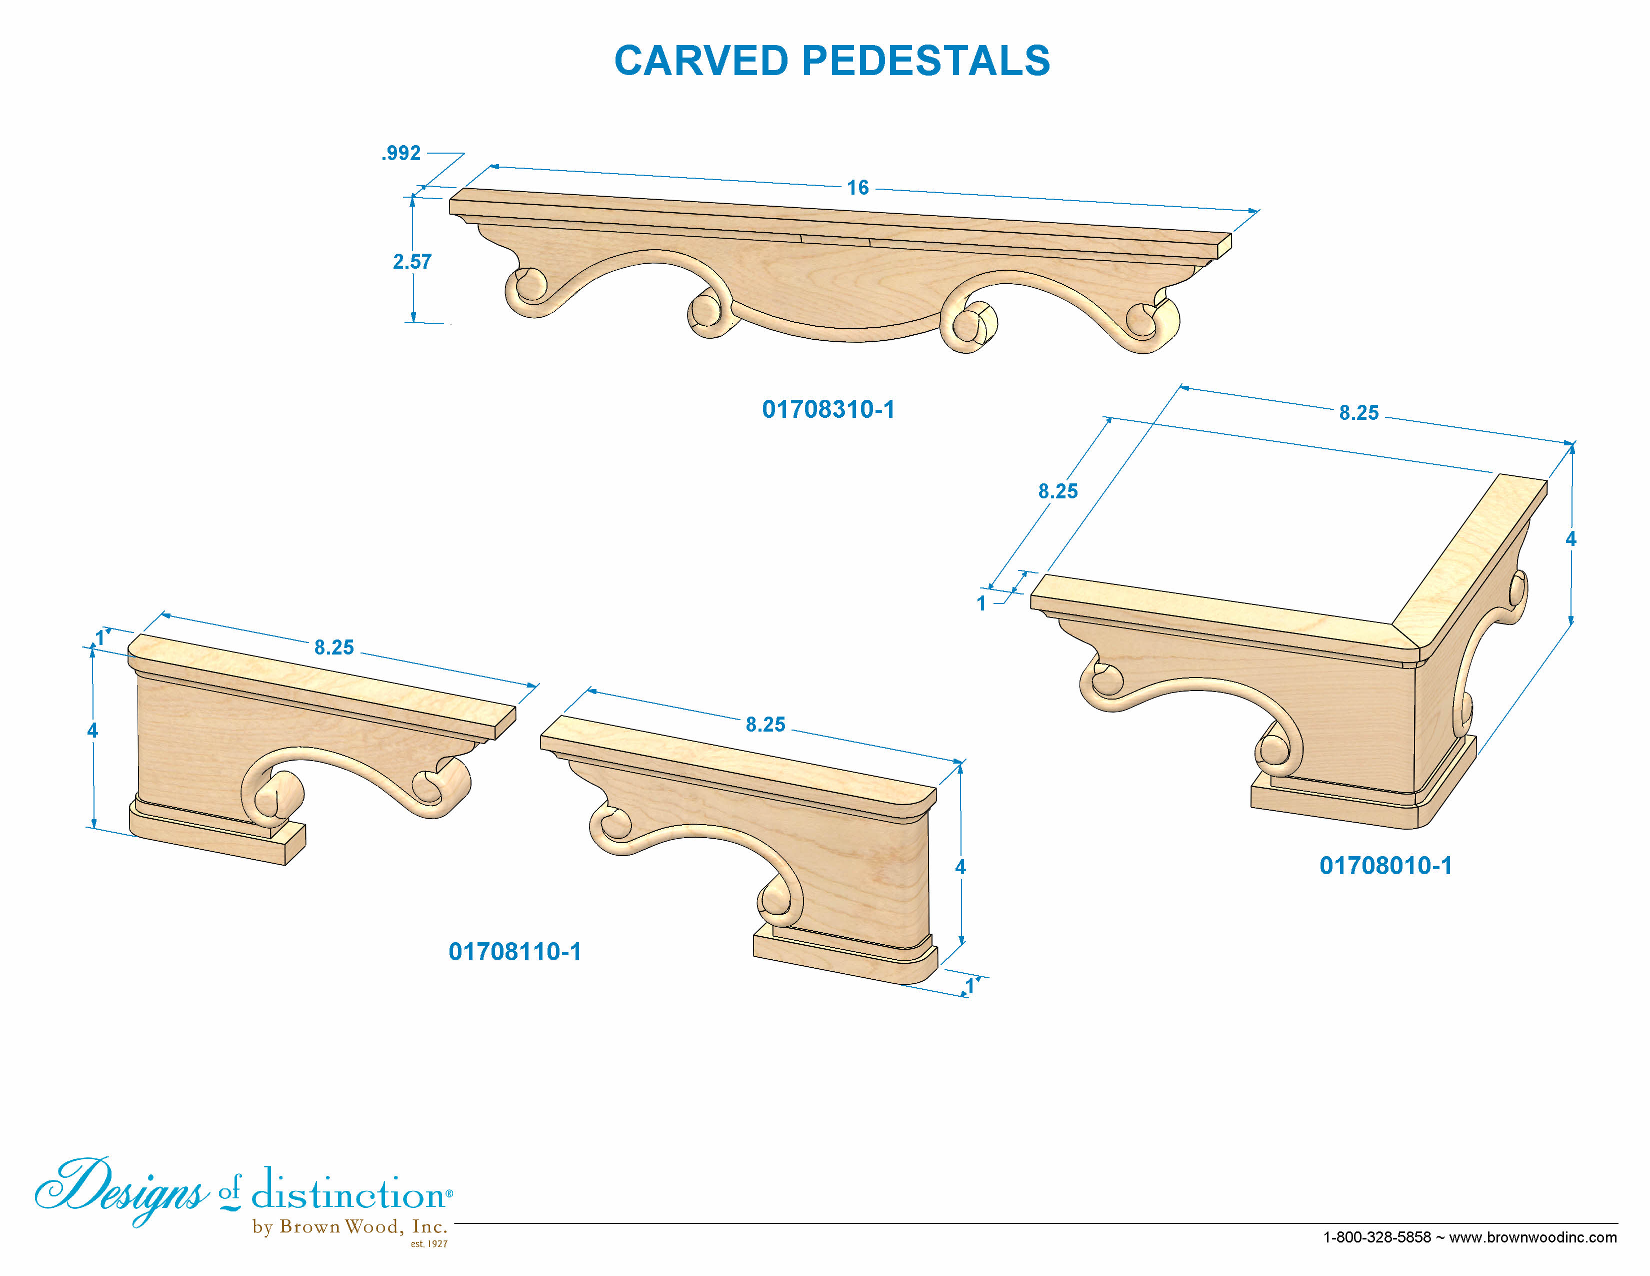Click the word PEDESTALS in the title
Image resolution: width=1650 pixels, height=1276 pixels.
coord(925,61)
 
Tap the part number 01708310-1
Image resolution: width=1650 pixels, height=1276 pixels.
coord(828,409)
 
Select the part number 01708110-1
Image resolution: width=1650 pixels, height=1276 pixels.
coord(514,951)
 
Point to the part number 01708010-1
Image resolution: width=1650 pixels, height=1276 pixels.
coord(1385,866)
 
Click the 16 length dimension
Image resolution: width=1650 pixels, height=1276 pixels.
coord(857,188)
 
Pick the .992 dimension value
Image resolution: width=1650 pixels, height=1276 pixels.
coord(400,154)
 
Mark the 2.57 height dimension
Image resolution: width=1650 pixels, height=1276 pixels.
coord(412,262)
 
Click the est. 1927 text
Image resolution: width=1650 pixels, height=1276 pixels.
coord(428,1243)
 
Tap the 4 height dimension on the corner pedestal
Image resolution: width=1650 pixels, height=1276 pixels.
coord(1570,539)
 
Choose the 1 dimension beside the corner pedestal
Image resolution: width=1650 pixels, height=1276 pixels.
coord(981,603)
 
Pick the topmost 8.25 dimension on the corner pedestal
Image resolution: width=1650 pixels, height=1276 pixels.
coord(1359,413)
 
